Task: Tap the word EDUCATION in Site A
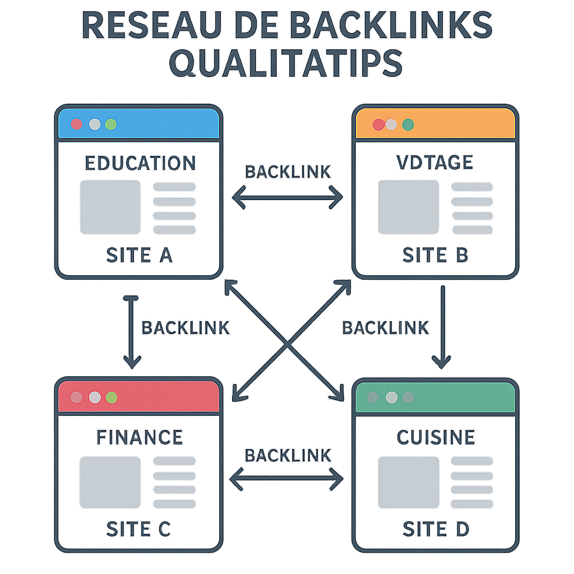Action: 140,163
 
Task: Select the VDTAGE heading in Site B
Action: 434,162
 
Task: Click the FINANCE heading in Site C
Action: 140,437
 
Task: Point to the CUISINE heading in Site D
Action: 436,437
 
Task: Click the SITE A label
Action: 139,255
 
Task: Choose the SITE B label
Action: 435,255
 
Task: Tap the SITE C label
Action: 138,529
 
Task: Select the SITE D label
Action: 436,529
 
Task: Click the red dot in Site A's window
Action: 76,124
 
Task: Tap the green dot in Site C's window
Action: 111,397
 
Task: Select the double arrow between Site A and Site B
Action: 288,197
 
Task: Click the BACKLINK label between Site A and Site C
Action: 186,328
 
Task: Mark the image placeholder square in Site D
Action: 408,481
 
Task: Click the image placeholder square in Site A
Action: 110,207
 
